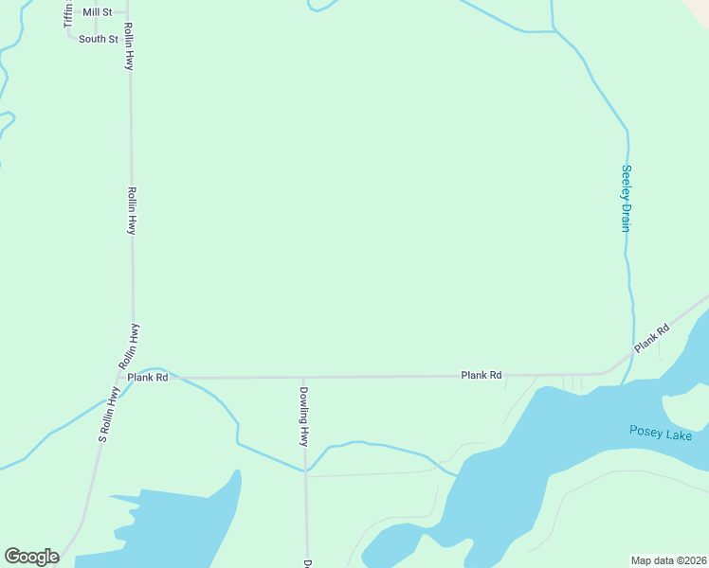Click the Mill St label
[x=97, y=12]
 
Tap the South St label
[x=98, y=39]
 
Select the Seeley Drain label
[x=626, y=198]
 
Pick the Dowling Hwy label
[x=304, y=417]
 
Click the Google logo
[x=31, y=557]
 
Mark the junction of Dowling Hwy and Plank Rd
[x=304, y=377]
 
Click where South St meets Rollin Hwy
[x=128, y=39]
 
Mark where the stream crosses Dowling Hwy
[x=305, y=469]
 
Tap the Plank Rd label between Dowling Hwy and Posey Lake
[x=481, y=376]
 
